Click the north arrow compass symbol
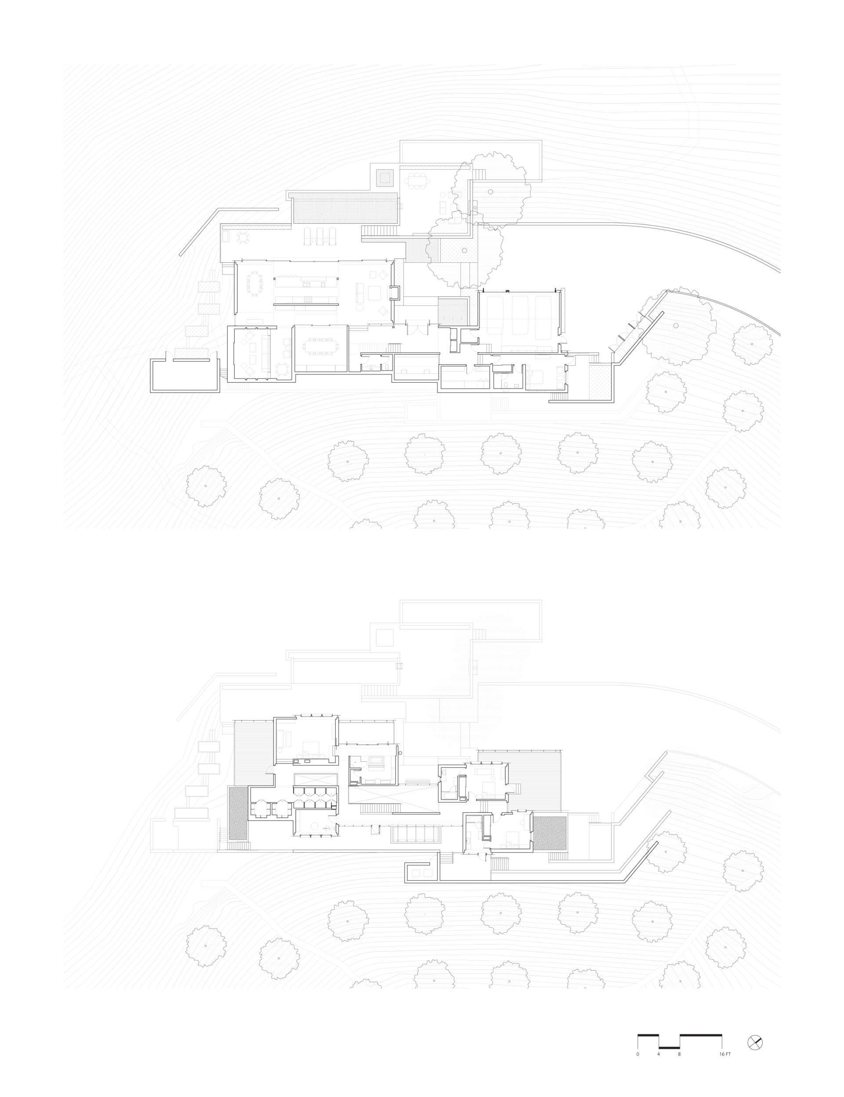(755, 1042)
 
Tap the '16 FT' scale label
(725, 1054)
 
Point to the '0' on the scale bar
(637, 1054)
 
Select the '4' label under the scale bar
(658, 1054)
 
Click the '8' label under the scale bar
(679, 1054)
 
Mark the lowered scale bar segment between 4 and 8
(669, 1047)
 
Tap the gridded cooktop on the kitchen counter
(309, 299)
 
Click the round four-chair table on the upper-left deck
(243, 236)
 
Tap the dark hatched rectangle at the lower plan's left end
(238, 813)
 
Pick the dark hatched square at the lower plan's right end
(550, 833)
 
